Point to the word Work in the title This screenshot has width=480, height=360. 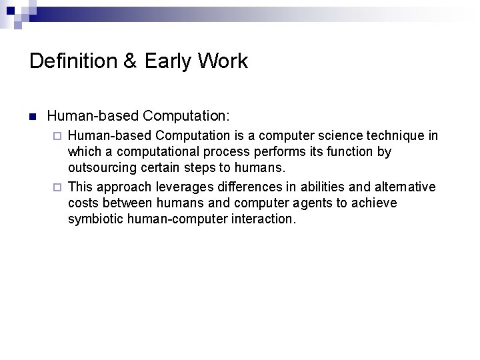coord(225,61)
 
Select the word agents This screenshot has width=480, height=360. coord(325,203)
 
